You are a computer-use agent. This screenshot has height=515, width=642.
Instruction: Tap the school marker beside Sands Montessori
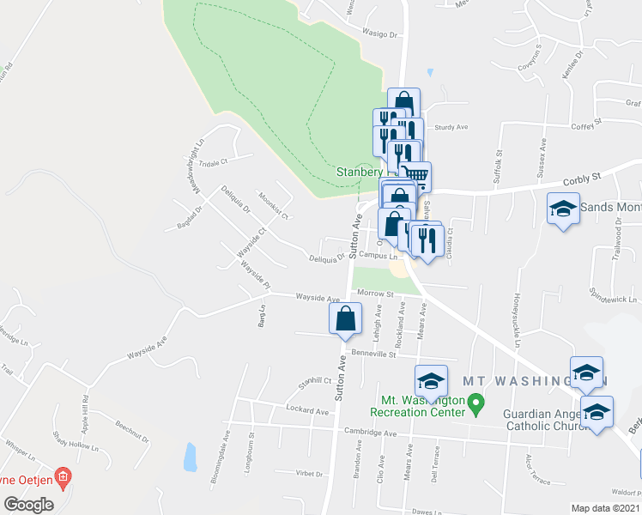pyautogui.click(x=563, y=209)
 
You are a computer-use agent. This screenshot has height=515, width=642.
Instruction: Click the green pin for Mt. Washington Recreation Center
pyautogui.click(x=478, y=401)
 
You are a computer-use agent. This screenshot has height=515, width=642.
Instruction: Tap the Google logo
pyautogui.click(x=28, y=504)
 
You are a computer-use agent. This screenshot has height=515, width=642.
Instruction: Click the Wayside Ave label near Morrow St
pyautogui.click(x=318, y=297)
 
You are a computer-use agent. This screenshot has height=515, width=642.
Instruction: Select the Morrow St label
pyautogui.click(x=375, y=294)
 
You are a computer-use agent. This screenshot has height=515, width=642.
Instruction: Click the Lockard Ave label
pyautogui.click(x=308, y=412)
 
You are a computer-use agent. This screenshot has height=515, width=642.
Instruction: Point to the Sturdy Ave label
pyautogui.click(x=451, y=127)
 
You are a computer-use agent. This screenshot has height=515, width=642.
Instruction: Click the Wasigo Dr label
pyautogui.click(x=382, y=35)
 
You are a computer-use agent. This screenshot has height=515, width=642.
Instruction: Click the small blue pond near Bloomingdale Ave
pyautogui.click(x=189, y=457)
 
